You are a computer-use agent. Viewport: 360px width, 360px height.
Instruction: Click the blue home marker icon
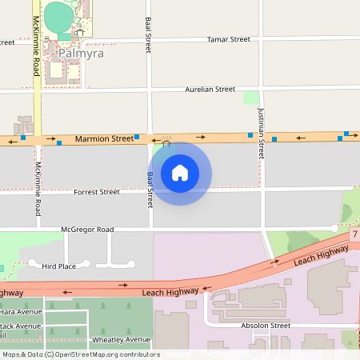(x=180, y=173)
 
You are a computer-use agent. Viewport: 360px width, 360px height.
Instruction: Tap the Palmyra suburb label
(x=82, y=54)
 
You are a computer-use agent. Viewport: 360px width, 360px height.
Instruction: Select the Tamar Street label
(x=228, y=39)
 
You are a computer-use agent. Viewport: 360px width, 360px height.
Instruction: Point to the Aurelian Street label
(x=210, y=90)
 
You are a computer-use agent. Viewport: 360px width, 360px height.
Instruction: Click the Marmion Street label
(x=104, y=139)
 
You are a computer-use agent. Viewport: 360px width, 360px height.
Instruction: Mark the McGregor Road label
(x=87, y=230)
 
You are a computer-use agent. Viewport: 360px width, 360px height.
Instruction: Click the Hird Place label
(x=58, y=266)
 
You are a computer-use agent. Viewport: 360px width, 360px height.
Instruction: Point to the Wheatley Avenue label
(x=122, y=340)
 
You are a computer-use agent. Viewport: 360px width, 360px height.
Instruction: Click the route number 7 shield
(x=354, y=234)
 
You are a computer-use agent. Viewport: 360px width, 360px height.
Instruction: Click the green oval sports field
(x=58, y=15)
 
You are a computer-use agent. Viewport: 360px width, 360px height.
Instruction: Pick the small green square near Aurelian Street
(x=251, y=98)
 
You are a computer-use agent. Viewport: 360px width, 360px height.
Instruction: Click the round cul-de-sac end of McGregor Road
(x=334, y=229)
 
